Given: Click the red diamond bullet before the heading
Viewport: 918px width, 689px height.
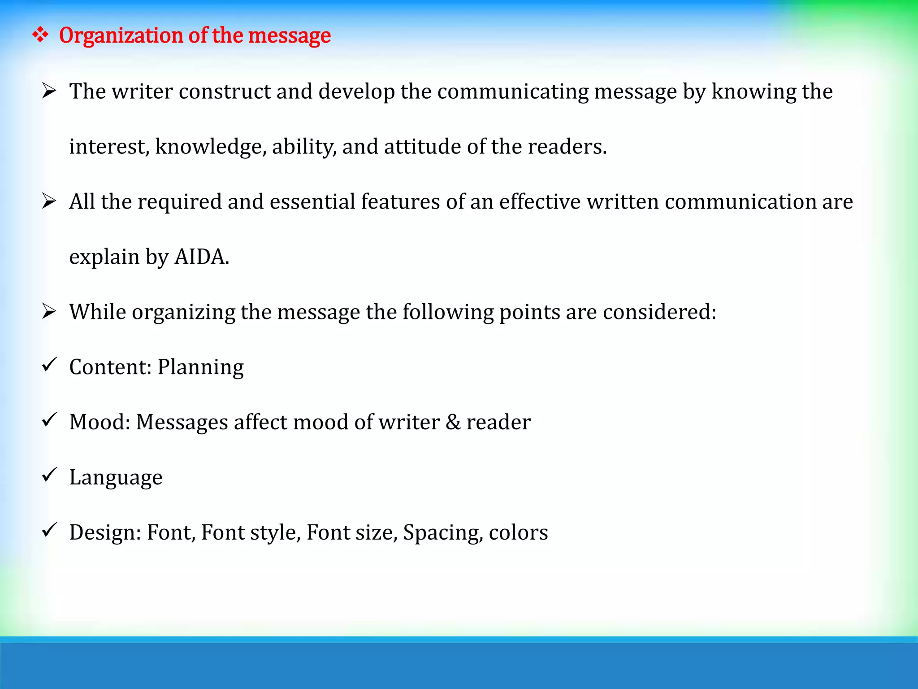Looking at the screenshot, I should click(40, 35).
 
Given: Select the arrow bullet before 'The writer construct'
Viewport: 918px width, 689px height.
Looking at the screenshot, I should click(49, 91).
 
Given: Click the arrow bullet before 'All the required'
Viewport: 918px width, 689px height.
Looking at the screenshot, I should click(49, 201).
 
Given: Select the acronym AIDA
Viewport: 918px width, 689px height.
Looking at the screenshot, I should click(201, 257).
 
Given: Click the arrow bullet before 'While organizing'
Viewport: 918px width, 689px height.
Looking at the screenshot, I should click(49, 311).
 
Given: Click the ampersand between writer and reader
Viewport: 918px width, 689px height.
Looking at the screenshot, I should click(453, 422).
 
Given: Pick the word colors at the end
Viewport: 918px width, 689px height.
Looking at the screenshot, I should click(518, 533).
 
